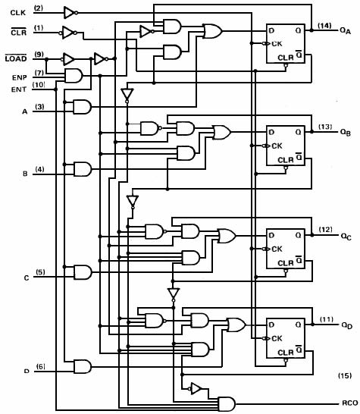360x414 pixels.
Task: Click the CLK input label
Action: (18, 13)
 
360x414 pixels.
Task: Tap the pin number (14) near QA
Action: (324, 26)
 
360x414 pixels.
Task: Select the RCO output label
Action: (349, 403)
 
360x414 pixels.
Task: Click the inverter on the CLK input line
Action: (70, 12)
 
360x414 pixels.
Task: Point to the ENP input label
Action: (19, 77)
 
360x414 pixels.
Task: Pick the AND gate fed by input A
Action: (82, 107)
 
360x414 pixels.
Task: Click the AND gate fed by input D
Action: (83, 366)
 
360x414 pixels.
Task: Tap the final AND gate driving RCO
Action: (227, 403)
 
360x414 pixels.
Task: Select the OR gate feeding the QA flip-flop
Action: (213, 31)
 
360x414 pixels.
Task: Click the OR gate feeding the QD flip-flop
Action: (236, 325)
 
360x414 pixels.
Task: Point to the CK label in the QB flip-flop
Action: (277, 146)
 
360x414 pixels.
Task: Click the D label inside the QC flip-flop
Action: (271, 235)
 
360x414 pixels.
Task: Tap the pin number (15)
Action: (345, 375)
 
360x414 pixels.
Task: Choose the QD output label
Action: (347, 325)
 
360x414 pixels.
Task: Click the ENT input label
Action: (19, 89)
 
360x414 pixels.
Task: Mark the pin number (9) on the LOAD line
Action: (39, 55)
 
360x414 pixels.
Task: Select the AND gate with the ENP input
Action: (74, 76)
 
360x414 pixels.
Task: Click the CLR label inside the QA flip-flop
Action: (286, 58)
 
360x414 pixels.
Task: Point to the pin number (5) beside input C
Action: (40, 272)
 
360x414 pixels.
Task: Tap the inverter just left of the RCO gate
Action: (195, 389)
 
